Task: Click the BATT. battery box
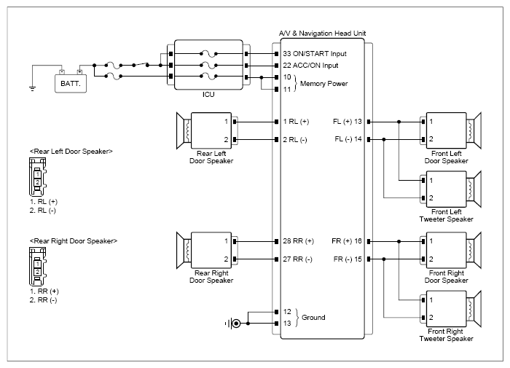click(71, 84)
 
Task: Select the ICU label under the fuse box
click(208, 94)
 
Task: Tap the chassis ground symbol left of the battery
click(32, 88)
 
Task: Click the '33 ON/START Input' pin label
click(315, 54)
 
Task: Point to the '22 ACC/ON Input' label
click(310, 66)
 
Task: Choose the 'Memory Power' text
click(323, 84)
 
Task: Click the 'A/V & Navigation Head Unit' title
click(322, 34)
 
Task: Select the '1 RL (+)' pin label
click(296, 122)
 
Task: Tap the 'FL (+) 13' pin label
click(347, 122)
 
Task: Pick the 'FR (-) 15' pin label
click(348, 259)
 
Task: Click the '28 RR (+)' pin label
click(298, 241)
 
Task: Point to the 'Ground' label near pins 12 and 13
click(313, 317)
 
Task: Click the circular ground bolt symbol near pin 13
click(236, 324)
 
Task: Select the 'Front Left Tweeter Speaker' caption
click(446, 216)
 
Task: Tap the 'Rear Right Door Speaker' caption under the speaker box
click(211, 277)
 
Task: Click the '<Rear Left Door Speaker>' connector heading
click(71, 152)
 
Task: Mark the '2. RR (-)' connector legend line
click(43, 300)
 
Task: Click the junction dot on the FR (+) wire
click(399, 241)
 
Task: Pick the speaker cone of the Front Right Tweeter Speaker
click(474, 308)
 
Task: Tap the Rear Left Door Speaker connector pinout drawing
click(38, 176)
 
